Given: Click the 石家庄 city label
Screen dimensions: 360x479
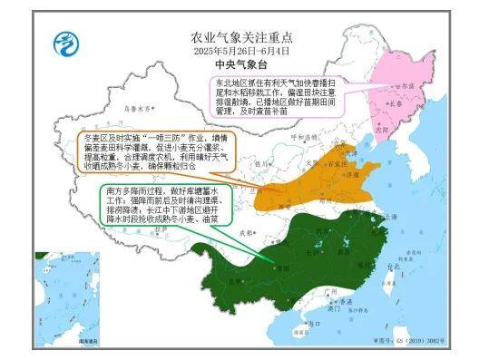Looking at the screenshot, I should [x=315, y=166].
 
